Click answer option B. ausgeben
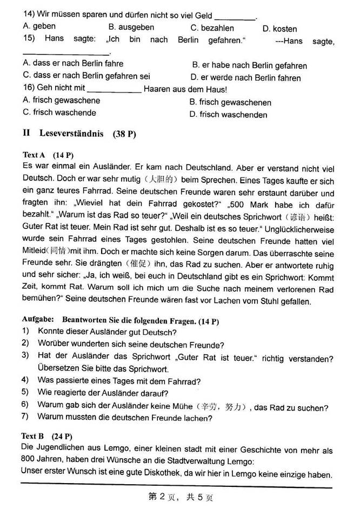131,27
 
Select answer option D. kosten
279,29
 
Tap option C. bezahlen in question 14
212,28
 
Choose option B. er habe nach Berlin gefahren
249,65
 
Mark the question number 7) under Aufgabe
25,417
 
